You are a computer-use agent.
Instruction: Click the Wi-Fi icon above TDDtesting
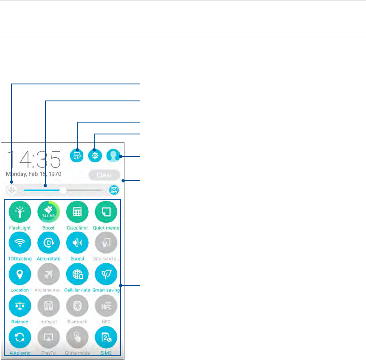20,243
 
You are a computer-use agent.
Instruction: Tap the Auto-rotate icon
48,243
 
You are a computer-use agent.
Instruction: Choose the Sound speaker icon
77,243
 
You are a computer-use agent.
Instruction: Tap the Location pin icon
20,274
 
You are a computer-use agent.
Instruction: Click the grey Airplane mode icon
48,274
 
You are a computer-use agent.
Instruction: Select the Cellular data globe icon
77,274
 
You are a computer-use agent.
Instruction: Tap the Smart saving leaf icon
106,274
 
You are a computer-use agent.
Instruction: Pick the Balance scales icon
20,306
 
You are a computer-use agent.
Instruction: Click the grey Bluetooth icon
77,306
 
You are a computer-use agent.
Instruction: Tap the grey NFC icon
106,306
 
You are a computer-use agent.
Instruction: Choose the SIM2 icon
106,337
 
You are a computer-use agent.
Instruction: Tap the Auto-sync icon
20,337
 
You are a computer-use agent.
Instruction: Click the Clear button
104,175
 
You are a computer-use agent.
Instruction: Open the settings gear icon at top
94,156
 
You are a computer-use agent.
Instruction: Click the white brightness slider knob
63,190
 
